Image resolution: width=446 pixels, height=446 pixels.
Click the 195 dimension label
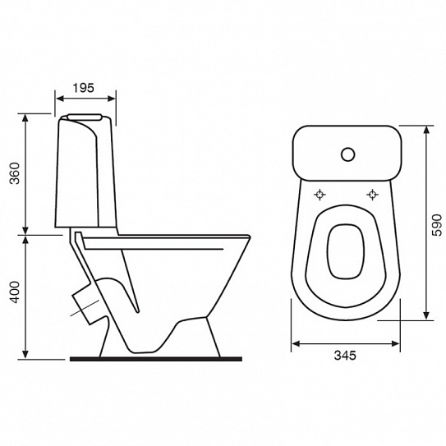tap(83, 88)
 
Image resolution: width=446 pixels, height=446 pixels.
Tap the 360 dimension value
tap(15, 173)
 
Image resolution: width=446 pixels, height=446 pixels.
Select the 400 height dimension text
tap(15, 292)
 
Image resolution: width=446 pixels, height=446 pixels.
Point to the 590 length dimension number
tap(437, 225)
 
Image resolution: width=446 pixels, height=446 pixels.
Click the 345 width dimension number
tap(345, 356)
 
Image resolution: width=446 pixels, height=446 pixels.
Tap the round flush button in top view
tap(347, 154)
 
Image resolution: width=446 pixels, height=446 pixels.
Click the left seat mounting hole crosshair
tap(320, 195)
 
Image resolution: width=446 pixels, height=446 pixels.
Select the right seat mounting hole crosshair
tap(372, 195)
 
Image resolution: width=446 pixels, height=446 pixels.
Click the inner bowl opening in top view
tap(346, 251)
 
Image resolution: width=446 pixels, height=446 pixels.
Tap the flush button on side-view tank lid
tap(85, 117)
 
